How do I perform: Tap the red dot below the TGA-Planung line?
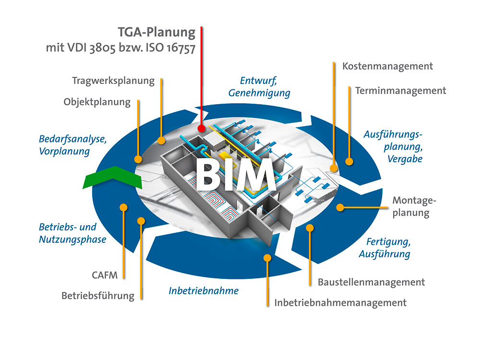pos(201,128)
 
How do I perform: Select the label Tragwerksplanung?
pos(113,81)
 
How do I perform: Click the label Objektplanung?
pos(97,102)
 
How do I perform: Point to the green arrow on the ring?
pos(113,178)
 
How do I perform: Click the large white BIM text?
pos(235,175)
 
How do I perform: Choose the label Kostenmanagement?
pos(387,66)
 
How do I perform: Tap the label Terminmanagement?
pos(400,91)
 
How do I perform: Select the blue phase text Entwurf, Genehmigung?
pos(259,86)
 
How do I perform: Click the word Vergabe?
pos(405,159)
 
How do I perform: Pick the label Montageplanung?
pos(414,206)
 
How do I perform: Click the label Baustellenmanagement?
pos(372,282)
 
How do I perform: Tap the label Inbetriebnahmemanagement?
pos(340,303)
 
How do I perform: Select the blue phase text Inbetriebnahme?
pos(204,290)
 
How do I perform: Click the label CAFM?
pos(105,275)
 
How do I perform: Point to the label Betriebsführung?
pos(98,296)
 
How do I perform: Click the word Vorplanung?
pos(64,151)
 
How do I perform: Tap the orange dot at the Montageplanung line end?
pos(340,207)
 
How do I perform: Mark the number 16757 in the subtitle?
pos(181,48)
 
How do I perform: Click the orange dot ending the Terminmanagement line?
pos(349,161)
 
